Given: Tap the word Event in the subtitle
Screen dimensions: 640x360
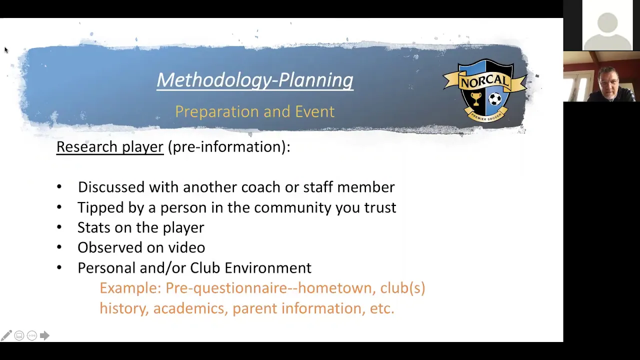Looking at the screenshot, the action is click(314, 111).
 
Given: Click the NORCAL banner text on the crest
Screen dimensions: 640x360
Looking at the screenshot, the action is click(485, 81).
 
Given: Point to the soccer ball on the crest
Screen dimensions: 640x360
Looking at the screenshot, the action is click(495, 99).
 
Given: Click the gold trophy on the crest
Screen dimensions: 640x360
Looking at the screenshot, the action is click(475, 99).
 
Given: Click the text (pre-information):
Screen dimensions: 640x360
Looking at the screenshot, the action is click(229, 147).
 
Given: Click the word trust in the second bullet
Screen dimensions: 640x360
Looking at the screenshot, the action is click(380, 207).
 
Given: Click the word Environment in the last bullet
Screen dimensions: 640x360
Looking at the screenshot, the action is click(267, 268).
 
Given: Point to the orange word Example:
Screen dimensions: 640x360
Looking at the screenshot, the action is click(130, 288).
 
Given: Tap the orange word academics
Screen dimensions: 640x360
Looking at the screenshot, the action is click(189, 308).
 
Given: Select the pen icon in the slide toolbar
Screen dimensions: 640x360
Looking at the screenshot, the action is click(6, 335).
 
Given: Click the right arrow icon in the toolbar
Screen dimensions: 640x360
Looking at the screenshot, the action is click(44, 335).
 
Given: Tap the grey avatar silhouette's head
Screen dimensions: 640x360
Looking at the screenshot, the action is click(607, 23).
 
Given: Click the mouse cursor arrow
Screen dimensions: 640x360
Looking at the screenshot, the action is click(6, 50).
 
